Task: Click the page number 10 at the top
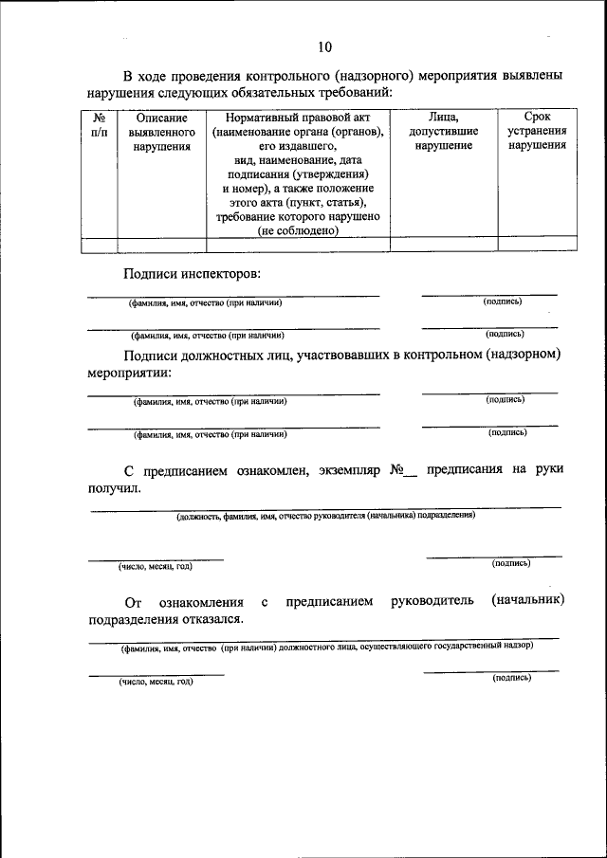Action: tap(326, 46)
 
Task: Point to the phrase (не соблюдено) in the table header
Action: tap(298, 229)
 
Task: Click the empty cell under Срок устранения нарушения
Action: tap(537, 244)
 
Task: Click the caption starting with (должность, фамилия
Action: tap(325, 516)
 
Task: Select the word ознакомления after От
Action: tap(202, 602)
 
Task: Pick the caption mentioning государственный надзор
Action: tap(325, 646)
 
